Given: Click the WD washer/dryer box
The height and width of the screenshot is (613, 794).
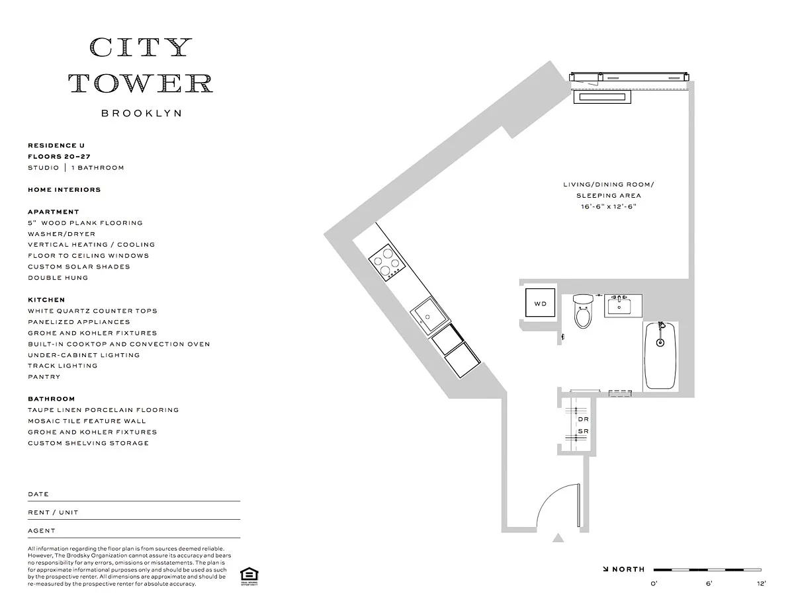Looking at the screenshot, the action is (540, 303).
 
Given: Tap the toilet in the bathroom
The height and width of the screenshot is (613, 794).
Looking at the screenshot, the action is (583, 311).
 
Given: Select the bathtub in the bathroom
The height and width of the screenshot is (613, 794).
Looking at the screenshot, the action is (660, 355).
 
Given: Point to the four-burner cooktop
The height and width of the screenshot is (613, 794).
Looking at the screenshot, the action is (387, 262).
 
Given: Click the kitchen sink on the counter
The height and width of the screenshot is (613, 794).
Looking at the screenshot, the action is (429, 315).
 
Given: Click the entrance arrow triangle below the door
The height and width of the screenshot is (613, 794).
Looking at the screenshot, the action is (558, 538).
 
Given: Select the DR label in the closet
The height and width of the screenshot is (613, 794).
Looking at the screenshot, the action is (583, 419).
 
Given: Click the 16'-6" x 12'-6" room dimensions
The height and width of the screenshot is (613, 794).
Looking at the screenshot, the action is (609, 206).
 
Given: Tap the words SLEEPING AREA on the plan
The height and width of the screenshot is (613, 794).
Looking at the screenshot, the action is (609, 196).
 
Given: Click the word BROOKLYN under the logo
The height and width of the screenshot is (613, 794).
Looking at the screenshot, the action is (142, 113).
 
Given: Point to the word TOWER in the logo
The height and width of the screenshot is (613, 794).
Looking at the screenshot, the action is (141, 83).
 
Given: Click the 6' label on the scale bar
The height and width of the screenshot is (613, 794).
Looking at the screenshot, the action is (709, 584).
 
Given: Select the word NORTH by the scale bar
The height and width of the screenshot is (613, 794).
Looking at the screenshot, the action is (628, 569).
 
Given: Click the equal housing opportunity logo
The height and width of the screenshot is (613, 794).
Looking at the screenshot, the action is (249, 576).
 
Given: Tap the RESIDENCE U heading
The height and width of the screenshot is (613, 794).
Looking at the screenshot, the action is (56, 145).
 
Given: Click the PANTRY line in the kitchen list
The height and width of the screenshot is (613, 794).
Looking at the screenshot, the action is (44, 377).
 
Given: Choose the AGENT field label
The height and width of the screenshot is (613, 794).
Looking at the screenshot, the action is (42, 531).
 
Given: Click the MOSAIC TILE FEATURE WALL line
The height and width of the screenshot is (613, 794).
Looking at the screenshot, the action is (87, 421).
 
